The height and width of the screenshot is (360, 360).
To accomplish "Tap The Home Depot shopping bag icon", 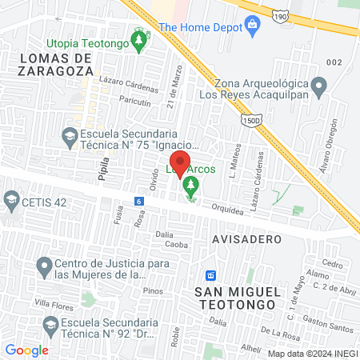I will tap(252, 26).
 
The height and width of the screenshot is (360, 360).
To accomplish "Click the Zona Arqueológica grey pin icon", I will tap(319, 86).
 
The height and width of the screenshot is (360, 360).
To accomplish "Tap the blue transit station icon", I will tap(211, 275).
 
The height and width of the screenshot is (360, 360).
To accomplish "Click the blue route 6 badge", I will tap(139, 201).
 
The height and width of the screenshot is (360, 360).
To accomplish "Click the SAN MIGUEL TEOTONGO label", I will tap(235, 298).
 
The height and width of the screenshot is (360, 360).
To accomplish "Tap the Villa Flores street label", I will tap(54, 304).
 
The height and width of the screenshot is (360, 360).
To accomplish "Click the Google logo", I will tap(26, 350).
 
